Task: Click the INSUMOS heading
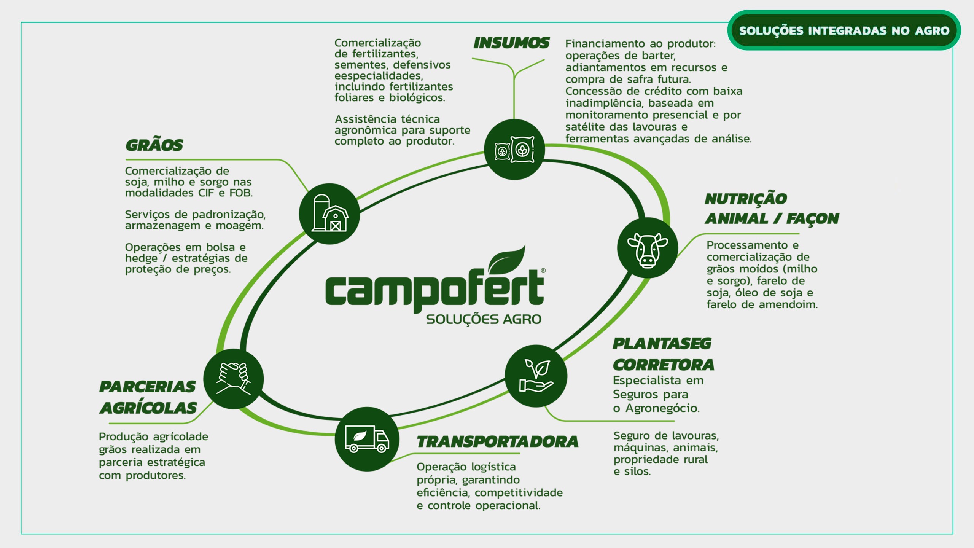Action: pos(511,43)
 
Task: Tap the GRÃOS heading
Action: pos(154,145)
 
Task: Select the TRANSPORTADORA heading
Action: pos(497,442)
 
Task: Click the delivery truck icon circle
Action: pos(367,439)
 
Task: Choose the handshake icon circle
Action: pos(234,379)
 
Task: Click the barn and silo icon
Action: pos(329,213)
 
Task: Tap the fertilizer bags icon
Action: pos(514,150)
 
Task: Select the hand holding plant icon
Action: pos(536,376)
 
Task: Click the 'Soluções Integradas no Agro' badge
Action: pos(844,30)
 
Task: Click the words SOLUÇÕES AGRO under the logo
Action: pos(484,319)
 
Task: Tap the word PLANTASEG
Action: pos(662,344)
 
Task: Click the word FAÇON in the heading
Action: pos(812,219)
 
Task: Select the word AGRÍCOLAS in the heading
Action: pos(148,408)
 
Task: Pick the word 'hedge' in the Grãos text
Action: pos(141,258)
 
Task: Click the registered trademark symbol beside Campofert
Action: pos(543,271)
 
